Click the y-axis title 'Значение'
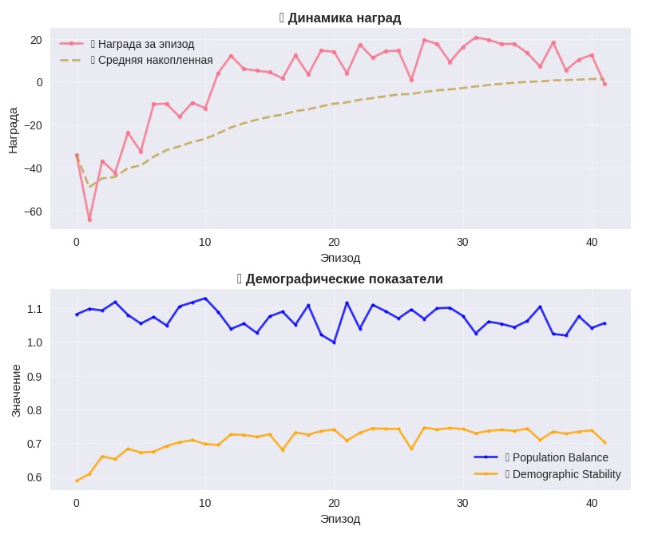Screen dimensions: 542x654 point(16,390)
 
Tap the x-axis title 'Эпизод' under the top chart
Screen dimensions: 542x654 point(340,258)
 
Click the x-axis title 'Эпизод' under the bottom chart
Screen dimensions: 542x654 point(340,519)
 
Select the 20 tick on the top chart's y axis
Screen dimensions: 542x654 point(36,39)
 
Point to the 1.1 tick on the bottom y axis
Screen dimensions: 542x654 point(34,309)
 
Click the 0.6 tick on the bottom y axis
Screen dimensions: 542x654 point(34,477)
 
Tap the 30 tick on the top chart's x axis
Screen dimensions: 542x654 point(462,242)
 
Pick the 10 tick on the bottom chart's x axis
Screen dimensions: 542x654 point(205,503)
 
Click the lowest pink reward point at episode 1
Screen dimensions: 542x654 point(89,220)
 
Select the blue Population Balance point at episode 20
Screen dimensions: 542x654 point(334,342)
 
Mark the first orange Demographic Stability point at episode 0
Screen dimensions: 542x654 point(77,481)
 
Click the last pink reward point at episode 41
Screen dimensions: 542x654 point(604,84)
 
